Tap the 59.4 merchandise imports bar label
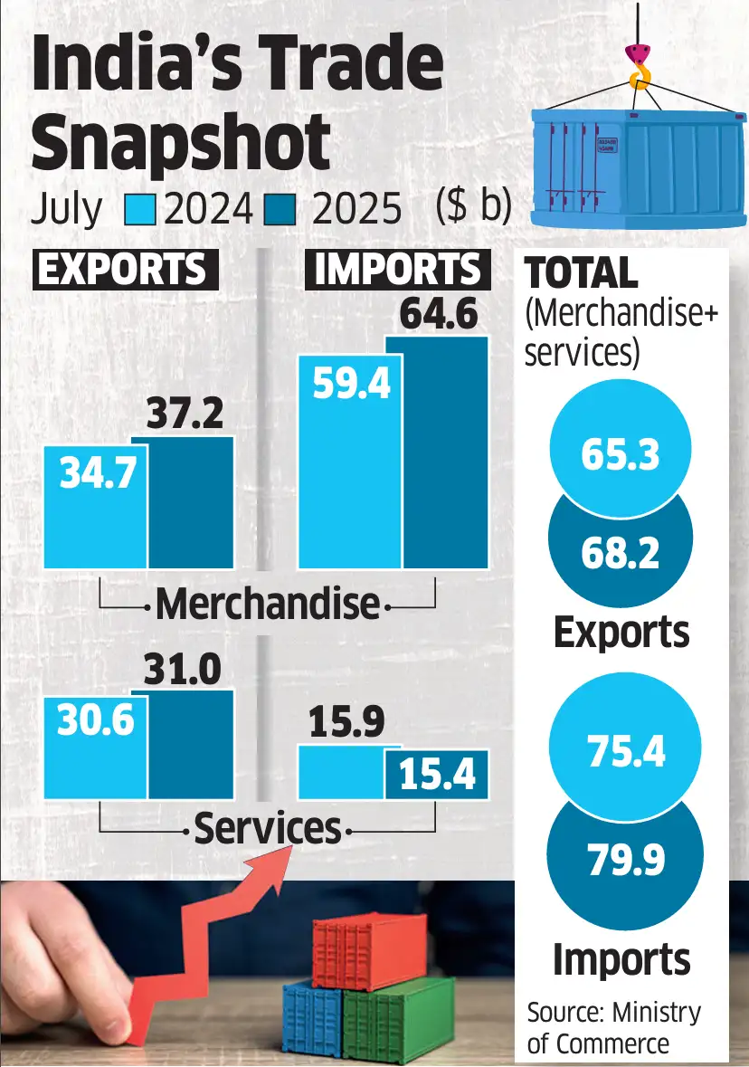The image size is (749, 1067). click(352, 385)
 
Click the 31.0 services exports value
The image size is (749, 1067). click(182, 670)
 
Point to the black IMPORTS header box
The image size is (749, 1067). click(397, 270)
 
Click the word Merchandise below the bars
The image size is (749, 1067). click(267, 604)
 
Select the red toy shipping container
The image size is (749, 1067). click(368, 950)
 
